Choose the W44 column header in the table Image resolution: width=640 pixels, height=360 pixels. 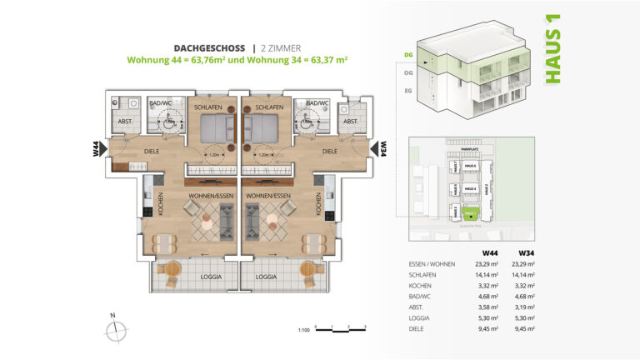pyautogui.click(x=491, y=253)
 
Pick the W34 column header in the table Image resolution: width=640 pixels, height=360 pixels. pyautogui.click(x=526, y=253)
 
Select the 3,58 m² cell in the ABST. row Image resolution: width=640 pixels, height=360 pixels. pyautogui.click(x=489, y=306)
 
